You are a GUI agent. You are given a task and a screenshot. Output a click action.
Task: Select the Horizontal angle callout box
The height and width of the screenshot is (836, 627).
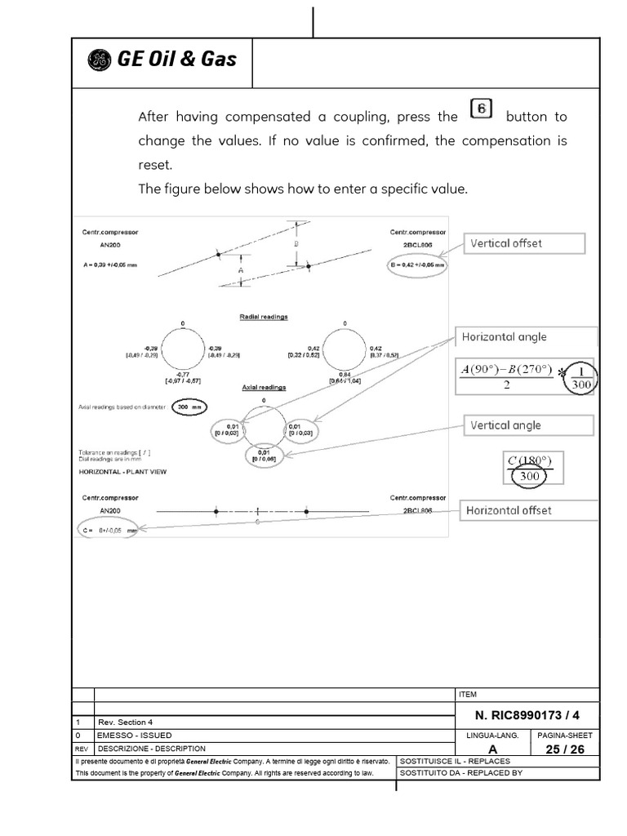coord(526,337)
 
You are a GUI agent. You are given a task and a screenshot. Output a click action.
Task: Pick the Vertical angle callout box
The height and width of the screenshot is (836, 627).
coord(526,425)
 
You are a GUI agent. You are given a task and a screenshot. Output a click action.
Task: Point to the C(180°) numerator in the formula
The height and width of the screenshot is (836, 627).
coord(531,460)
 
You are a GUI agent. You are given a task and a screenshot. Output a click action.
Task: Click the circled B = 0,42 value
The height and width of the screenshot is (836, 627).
coord(416,265)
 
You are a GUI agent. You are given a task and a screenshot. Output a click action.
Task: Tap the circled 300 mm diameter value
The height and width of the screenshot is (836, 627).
coord(189,406)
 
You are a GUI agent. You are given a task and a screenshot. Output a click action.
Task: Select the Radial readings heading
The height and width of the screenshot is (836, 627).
coord(263,316)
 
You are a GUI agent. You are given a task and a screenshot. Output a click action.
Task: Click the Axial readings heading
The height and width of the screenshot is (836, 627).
coord(263,389)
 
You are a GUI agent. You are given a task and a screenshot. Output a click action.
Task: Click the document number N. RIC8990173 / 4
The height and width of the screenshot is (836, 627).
coord(526,715)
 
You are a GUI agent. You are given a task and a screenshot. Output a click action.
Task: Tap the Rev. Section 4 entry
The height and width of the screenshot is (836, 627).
coord(125,723)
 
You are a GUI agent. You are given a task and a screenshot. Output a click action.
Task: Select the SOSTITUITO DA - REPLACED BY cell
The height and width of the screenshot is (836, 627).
coord(460,772)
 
